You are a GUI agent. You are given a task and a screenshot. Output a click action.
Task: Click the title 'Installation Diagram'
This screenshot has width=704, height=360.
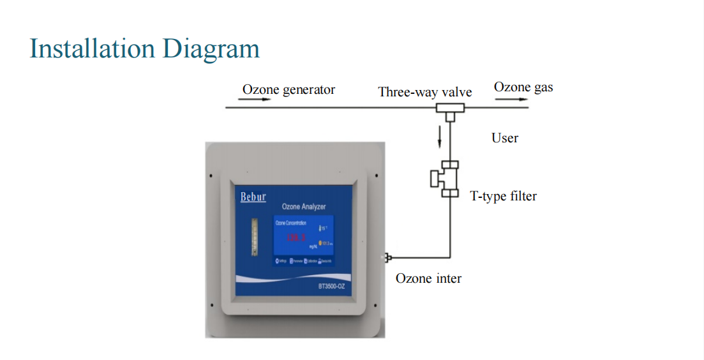click(145, 49)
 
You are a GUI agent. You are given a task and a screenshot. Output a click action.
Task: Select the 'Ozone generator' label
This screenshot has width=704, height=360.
click(288, 89)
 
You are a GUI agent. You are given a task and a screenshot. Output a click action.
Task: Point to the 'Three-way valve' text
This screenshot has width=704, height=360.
click(424, 92)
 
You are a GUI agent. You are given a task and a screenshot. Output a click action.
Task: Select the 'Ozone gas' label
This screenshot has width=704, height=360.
click(523, 87)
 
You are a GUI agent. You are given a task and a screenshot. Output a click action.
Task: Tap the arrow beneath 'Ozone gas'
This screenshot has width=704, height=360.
click(503, 100)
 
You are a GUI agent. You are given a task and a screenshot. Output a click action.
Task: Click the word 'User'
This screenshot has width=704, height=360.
click(504, 138)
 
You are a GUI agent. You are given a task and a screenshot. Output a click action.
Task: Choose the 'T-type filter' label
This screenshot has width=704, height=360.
click(503, 196)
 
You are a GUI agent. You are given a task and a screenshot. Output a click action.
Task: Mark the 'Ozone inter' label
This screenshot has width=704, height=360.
click(428, 278)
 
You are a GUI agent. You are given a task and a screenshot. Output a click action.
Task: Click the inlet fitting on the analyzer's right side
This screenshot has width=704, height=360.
click(387, 257)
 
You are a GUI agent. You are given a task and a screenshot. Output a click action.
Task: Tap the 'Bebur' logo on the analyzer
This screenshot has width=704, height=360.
click(253, 197)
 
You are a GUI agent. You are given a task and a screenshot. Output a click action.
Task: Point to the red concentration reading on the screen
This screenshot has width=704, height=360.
click(296, 238)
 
